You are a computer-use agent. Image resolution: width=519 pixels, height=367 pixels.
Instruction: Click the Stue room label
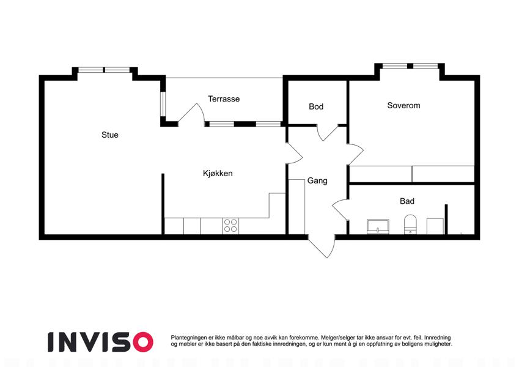click(x=110, y=135)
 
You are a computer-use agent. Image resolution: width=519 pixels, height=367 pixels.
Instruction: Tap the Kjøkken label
click(x=218, y=173)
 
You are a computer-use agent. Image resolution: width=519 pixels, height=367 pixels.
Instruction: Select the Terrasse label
click(x=224, y=98)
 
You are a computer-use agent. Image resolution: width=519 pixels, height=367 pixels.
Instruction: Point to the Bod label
click(x=316, y=106)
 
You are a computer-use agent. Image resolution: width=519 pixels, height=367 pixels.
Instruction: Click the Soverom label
click(x=404, y=105)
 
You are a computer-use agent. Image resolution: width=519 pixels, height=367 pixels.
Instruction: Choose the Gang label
click(x=317, y=181)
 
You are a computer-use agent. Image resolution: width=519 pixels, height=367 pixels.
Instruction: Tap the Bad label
click(x=407, y=201)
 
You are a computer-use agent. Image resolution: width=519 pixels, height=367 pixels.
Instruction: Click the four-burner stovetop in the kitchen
click(x=230, y=226)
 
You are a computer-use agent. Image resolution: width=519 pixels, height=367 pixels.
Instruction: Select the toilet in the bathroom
click(x=410, y=224)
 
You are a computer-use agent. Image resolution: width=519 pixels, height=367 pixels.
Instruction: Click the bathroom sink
click(x=378, y=226)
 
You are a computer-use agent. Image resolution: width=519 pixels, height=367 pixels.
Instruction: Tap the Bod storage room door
click(x=328, y=133)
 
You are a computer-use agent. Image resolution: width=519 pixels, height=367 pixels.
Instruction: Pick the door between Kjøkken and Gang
click(x=294, y=153)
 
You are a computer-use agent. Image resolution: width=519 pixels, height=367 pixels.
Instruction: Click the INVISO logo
click(x=101, y=342)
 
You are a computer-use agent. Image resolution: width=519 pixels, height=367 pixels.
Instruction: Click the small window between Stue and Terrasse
click(x=163, y=103)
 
